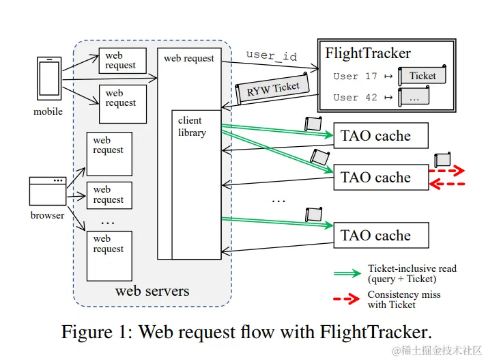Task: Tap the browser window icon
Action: (x=48, y=191)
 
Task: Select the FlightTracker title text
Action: (x=368, y=53)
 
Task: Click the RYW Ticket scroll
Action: (x=272, y=89)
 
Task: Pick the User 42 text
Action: (x=355, y=97)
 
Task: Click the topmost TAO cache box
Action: (x=380, y=135)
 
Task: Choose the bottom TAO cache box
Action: (x=380, y=236)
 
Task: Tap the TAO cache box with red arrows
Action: (x=380, y=178)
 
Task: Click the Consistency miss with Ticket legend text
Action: (x=403, y=299)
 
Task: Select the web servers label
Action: (x=152, y=291)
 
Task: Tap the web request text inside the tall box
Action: (x=189, y=59)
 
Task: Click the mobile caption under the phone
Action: (x=48, y=111)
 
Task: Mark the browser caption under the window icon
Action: (x=48, y=215)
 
